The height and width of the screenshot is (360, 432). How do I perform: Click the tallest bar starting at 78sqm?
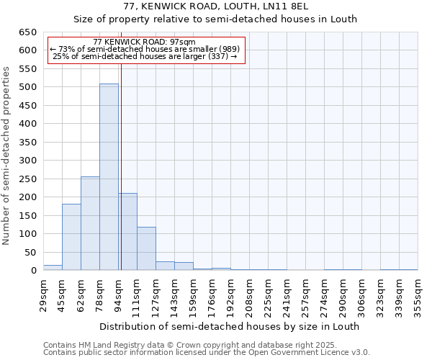[109, 177]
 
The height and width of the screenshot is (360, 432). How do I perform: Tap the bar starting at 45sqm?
[71, 237]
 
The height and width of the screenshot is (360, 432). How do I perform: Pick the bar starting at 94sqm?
[128, 232]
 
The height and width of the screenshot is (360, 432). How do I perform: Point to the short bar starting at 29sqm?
[53, 268]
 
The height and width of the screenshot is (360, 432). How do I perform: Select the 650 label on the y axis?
[27, 32]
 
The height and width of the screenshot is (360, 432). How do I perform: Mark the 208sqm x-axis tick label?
[250, 294]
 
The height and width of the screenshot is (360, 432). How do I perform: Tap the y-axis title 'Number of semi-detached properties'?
[6, 155]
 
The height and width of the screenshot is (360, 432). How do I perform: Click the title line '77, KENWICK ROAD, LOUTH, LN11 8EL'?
[215, 6]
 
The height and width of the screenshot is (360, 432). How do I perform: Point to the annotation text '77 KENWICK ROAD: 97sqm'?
[144, 42]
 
